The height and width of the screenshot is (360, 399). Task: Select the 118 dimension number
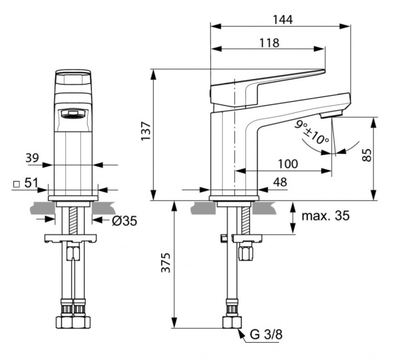click(x=268, y=42)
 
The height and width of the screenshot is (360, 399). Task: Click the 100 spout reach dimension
click(x=287, y=164)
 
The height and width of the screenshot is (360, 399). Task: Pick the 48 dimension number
click(x=279, y=182)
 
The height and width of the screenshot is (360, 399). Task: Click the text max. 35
click(x=325, y=216)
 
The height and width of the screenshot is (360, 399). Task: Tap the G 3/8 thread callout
click(x=263, y=335)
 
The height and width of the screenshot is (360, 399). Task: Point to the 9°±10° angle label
click(x=312, y=132)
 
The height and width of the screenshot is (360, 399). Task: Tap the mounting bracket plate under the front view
click(x=73, y=238)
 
